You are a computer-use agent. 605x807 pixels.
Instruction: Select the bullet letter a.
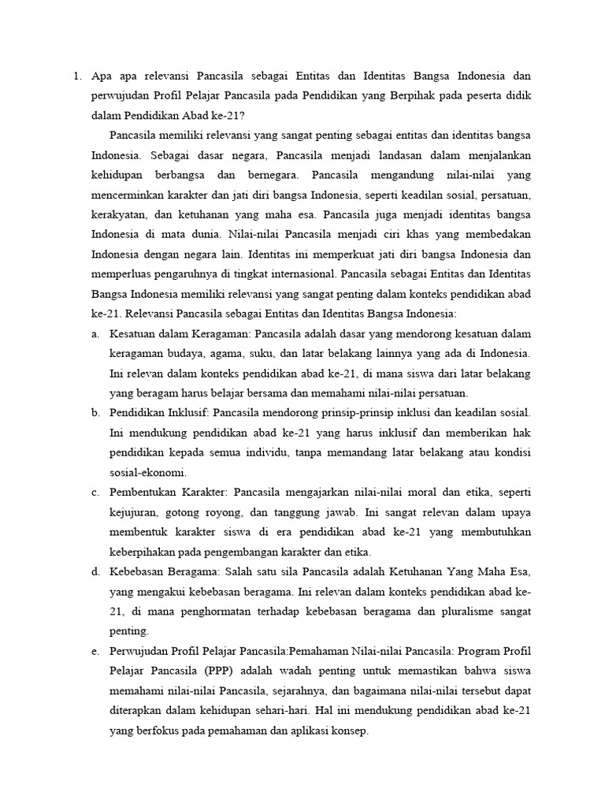click(x=95, y=334)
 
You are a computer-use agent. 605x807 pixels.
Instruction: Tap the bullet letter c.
click(x=95, y=493)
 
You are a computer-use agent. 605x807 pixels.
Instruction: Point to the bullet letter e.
click(x=95, y=651)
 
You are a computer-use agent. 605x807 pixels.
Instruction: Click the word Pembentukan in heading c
click(x=143, y=493)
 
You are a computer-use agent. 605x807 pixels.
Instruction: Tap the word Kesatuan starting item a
click(x=135, y=334)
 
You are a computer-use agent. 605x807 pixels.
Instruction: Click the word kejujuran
click(x=135, y=512)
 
